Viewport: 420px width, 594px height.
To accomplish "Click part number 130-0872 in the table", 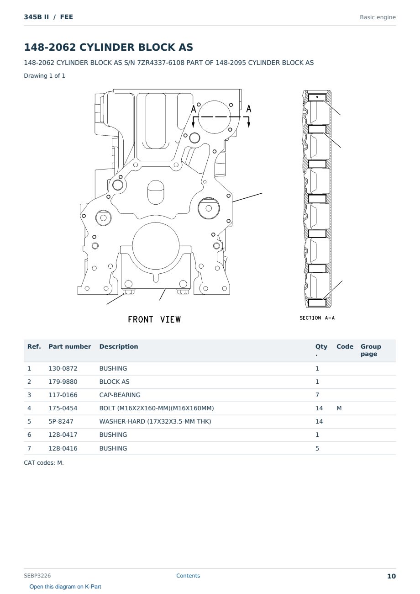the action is pyautogui.click(x=63, y=368).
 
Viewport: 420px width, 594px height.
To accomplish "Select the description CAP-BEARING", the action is pyautogui.click(x=120, y=395).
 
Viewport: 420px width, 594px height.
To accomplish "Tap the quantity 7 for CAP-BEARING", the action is pyautogui.click(x=317, y=395).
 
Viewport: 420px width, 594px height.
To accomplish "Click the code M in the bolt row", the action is pyautogui.click(x=339, y=408).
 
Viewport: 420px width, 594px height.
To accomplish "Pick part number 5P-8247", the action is pyautogui.click(x=61, y=421).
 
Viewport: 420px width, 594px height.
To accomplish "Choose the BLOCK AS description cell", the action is pyautogui.click(x=114, y=382).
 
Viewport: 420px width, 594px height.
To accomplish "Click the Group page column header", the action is pyautogui.click(x=371, y=350).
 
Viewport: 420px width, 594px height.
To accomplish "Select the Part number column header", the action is pyautogui.click(x=70, y=346).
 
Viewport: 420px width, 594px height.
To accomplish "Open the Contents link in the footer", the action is pyautogui.click(x=188, y=576).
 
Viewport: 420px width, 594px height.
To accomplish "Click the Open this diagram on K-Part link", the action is pyautogui.click(x=65, y=587).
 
